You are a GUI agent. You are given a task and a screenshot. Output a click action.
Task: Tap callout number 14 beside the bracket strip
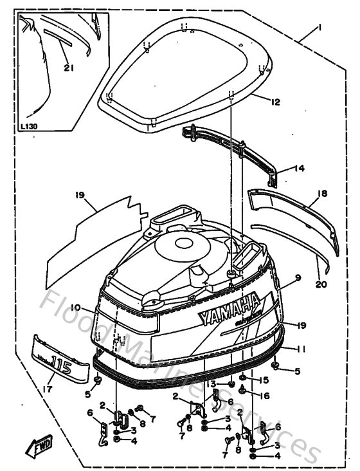(x=299, y=169)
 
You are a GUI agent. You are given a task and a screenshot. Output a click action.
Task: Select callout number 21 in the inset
(x=69, y=67)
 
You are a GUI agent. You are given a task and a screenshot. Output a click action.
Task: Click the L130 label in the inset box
(x=29, y=127)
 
